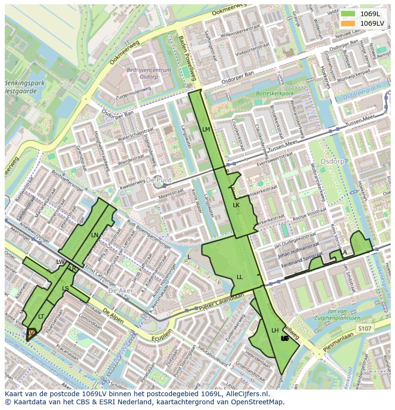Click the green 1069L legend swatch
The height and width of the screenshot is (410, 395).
pos(348,14)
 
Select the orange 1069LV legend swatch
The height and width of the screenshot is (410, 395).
pos(348,23)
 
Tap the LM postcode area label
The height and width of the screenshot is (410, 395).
pos(206,129)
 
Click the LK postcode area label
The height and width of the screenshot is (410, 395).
pos(236,205)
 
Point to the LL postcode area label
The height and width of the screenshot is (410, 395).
pos(239,277)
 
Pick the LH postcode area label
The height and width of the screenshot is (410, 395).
pos(275,330)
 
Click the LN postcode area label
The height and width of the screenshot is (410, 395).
pos(94,235)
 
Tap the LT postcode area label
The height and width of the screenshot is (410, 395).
pos(41,316)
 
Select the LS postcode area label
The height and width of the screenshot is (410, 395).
pos(65,289)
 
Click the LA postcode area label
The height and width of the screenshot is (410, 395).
pos(343,252)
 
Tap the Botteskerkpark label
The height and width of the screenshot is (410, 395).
pos(275,94)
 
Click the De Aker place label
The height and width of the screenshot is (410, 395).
pos(119,290)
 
